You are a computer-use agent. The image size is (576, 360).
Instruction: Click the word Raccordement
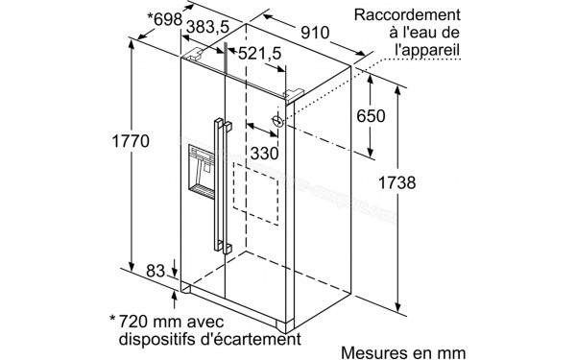pos(408,15)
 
